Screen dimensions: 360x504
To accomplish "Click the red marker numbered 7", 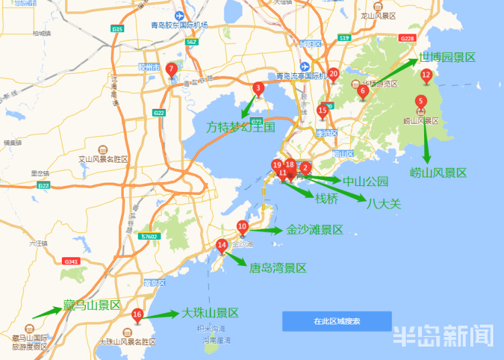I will point(171,69).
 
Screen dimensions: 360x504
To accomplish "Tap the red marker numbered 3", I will point(258,88).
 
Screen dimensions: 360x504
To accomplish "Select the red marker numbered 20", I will point(333,74).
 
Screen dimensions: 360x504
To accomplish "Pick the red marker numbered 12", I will point(425,75).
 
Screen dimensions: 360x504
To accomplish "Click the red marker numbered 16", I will point(137,314).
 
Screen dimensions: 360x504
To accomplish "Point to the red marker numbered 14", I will point(222,246).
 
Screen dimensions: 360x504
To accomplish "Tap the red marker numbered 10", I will point(243,226).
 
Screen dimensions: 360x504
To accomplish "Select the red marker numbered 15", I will point(323,110).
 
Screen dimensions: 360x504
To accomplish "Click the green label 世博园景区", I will point(447,58).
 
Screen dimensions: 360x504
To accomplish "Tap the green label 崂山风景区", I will point(438,173).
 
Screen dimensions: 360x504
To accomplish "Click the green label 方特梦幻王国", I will point(241,126).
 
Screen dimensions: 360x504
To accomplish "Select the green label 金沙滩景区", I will point(314,230).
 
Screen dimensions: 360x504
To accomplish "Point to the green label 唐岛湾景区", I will point(278,268).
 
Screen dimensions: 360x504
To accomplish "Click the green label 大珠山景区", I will point(210,313).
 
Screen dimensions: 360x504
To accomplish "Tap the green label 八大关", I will point(384,203).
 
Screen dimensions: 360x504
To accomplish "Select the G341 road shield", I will point(70,261).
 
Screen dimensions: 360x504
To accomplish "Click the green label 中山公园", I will point(366,181).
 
